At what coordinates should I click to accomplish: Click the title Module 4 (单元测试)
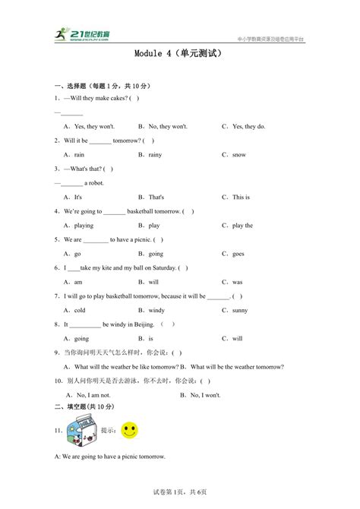pos(179,55)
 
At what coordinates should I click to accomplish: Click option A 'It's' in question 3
pos(73,197)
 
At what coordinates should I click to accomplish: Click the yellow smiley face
pos(131,430)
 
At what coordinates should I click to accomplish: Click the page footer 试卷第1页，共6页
pos(179,494)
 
